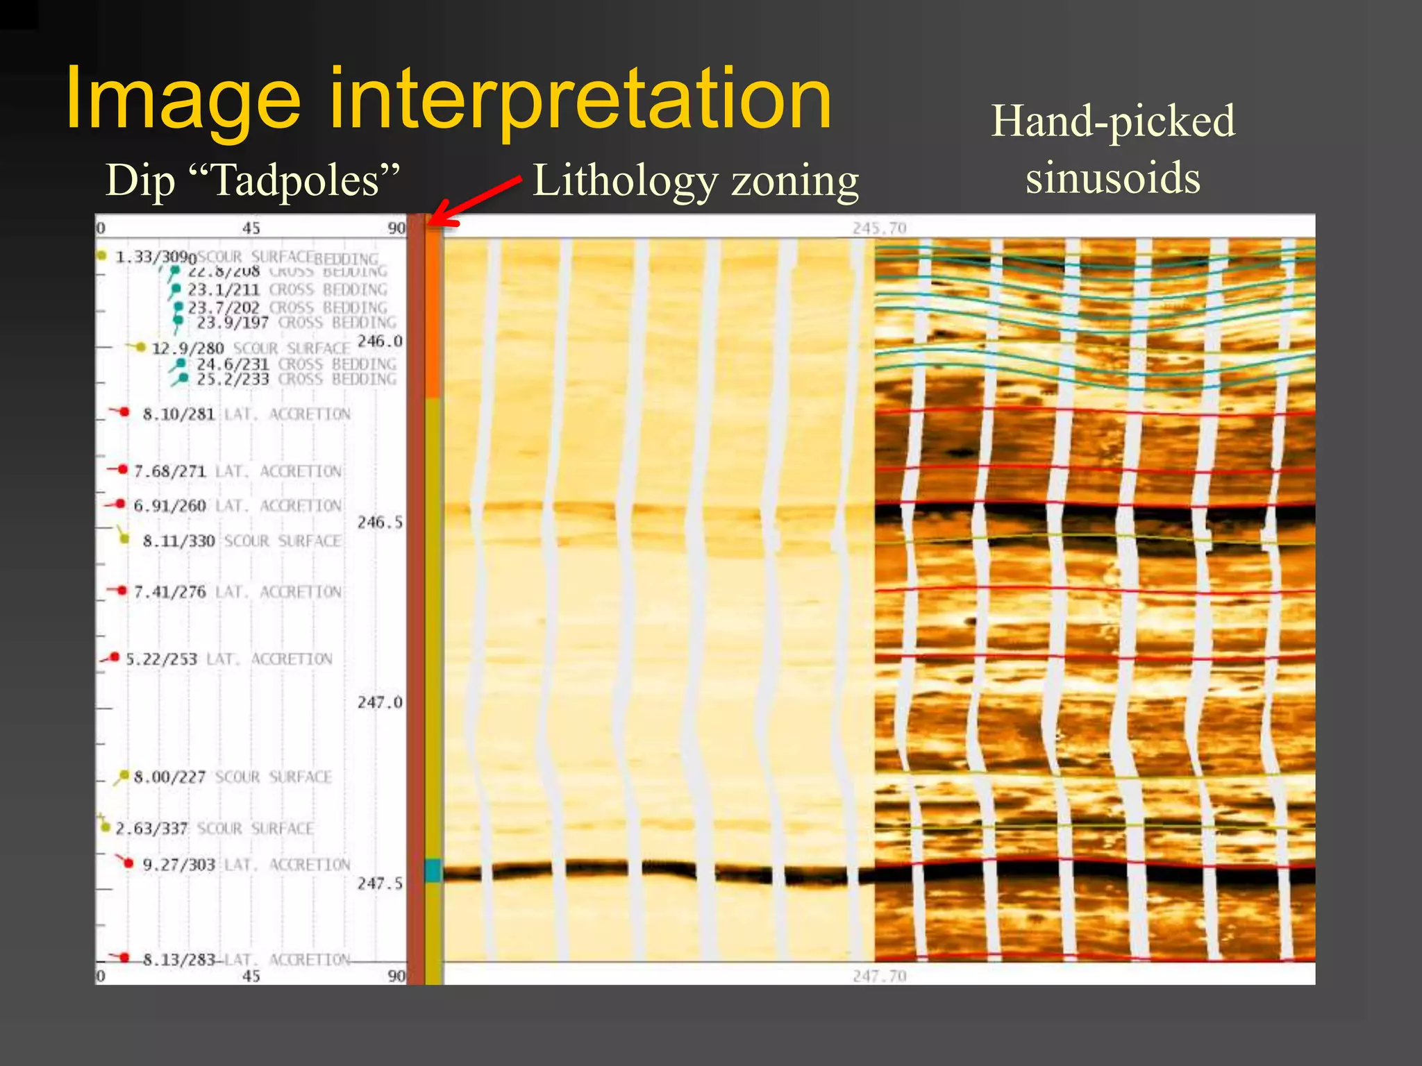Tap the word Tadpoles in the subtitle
(294, 181)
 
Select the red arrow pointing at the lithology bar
(476, 201)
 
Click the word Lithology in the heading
(625, 182)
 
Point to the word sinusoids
(1113, 178)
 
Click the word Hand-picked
(1113, 121)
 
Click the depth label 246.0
(380, 341)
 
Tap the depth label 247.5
(380, 883)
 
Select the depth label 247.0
(380, 702)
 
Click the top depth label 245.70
(880, 228)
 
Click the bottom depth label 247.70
(880, 976)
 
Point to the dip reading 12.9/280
(187, 348)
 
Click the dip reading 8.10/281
(178, 414)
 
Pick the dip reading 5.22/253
(161, 659)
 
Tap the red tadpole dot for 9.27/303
(128, 863)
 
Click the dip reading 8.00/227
(169, 777)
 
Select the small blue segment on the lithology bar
(433, 870)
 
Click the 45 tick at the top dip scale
(251, 228)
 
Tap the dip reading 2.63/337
(151, 829)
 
